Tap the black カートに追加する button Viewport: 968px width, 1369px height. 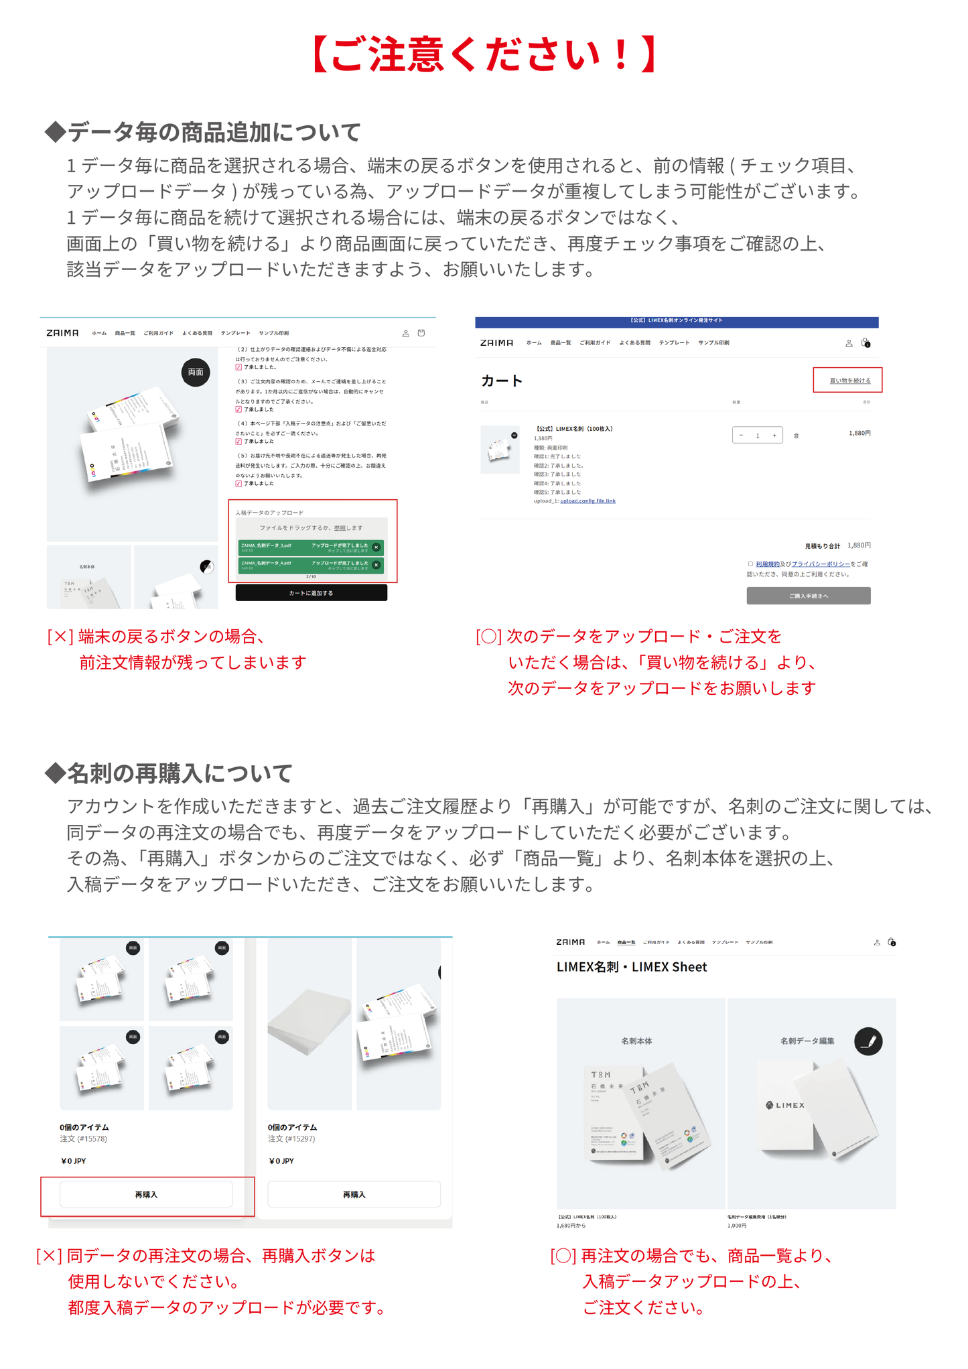[x=311, y=593]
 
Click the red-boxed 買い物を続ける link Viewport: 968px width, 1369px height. [x=849, y=380]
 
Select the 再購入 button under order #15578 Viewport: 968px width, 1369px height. [x=146, y=1194]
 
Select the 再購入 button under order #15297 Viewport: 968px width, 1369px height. [x=354, y=1194]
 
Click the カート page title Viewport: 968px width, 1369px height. [x=502, y=381]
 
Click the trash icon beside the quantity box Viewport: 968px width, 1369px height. [x=796, y=436]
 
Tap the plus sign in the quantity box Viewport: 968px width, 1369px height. [x=774, y=436]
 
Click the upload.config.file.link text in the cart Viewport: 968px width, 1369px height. [x=587, y=501]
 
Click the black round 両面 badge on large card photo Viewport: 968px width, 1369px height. [x=196, y=372]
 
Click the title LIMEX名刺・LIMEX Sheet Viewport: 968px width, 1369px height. [x=631, y=966]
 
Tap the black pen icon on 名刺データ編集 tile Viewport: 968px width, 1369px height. [x=868, y=1041]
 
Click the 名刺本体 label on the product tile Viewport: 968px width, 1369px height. [x=636, y=1041]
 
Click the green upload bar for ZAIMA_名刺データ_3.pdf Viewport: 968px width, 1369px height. [x=310, y=547]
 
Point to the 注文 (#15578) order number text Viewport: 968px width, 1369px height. [x=83, y=1138]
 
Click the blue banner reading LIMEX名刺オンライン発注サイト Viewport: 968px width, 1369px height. [x=676, y=321]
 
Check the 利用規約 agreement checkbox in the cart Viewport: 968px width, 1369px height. [x=750, y=564]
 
